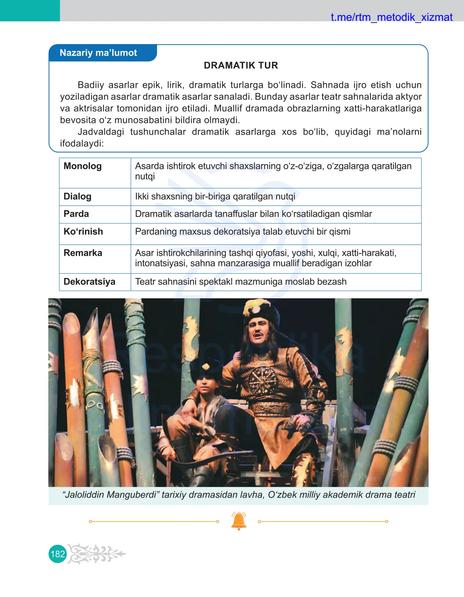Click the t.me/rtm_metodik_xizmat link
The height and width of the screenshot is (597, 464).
click(x=391, y=17)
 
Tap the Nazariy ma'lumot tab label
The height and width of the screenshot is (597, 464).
click(x=98, y=53)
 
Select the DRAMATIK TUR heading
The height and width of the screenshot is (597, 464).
click(x=241, y=66)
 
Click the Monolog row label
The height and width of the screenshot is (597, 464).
click(x=83, y=166)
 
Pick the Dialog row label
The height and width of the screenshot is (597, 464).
click(x=78, y=197)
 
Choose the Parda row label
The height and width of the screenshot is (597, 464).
click(x=76, y=214)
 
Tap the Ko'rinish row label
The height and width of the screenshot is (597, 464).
click(x=83, y=232)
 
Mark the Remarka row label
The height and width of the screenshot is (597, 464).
click(x=83, y=253)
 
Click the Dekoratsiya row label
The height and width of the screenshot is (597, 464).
click(x=90, y=282)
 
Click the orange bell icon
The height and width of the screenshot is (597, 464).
click(x=239, y=521)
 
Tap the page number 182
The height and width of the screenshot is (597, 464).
click(x=58, y=554)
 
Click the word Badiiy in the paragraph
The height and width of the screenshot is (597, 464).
click(x=91, y=85)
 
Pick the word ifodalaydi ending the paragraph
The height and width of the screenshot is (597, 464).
click(x=81, y=143)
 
